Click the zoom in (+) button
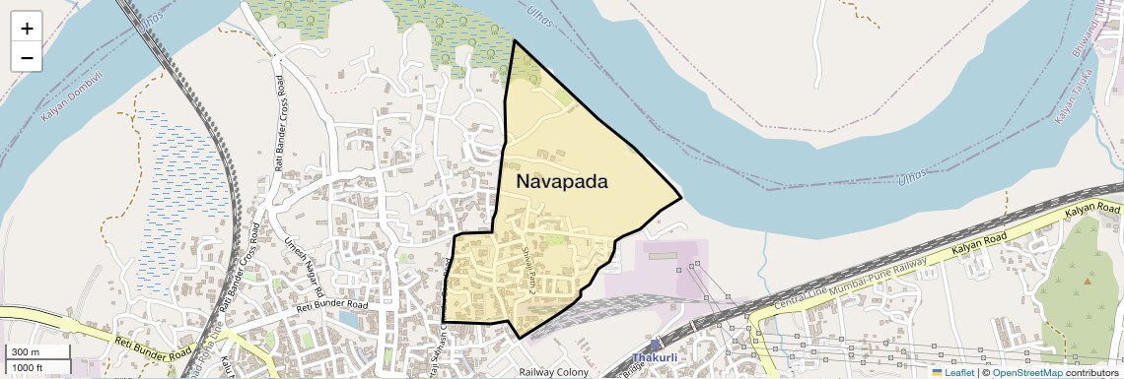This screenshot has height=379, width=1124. pos(27,29)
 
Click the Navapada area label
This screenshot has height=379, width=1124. pos(562,182)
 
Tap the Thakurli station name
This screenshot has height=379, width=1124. pos(655,358)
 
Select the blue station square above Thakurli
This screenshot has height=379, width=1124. pos(655,346)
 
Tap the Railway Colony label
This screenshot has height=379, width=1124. pos(553,373)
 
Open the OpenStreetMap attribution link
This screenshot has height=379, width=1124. pos(1027,373)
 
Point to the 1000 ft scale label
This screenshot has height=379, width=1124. pos(28,367)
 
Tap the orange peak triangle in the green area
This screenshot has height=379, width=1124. pos(1088,282)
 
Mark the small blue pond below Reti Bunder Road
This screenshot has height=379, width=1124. pos(347,319)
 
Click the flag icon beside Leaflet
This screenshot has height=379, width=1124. pos(937,373)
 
